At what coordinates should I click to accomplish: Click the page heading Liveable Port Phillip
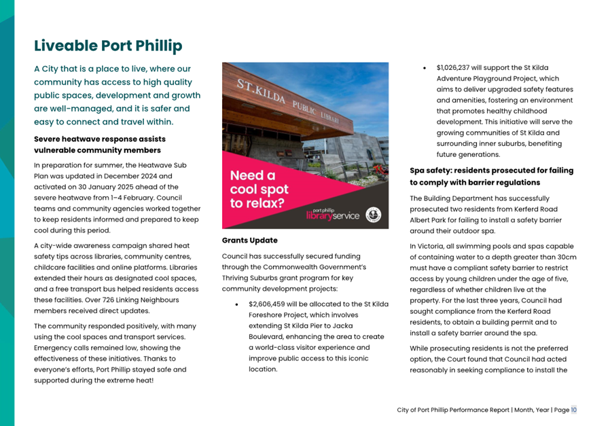coord(108,46)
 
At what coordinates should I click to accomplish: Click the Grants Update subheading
coord(249,241)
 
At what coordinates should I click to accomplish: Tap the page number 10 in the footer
coord(574,410)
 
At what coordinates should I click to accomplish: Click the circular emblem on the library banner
coord(373,215)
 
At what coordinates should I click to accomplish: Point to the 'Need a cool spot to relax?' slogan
coord(259,190)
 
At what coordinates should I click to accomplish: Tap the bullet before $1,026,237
coord(424,69)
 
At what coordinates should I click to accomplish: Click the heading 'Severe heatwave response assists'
coord(100,139)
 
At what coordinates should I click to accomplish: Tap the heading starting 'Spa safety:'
coord(491,171)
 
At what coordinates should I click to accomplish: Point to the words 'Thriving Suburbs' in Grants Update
coord(252,278)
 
